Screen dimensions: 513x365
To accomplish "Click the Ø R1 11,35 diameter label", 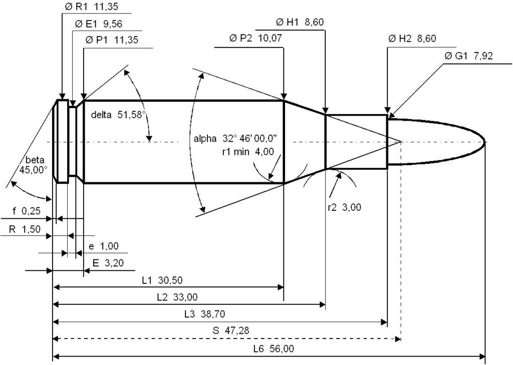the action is (x=91, y=7).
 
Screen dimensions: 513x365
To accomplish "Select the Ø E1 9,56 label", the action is (x=99, y=24).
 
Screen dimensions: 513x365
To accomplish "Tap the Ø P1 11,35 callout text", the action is (x=112, y=40).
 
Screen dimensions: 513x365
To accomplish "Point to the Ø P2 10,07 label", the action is (x=255, y=38).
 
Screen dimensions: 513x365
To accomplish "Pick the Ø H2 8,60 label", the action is (x=412, y=39).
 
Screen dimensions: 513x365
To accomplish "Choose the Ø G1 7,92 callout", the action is (x=468, y=56).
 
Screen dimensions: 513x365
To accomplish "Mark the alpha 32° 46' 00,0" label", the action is (x=235, y=138).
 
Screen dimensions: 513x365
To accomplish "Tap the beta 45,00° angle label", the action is (x=34, y=165).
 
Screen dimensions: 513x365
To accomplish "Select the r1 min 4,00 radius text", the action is (x=247, y=152).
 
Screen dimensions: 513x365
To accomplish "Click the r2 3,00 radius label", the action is (x=344, y=207).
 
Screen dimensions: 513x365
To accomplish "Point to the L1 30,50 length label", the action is (x=162, y=280).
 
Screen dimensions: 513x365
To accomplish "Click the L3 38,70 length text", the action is (x=204, y=314).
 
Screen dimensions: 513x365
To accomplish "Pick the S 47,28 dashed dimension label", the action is (x=230, y=330).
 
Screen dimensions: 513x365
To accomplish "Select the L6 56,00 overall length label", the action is (x=274, y=348).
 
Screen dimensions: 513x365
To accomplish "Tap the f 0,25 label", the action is (x=27, y=211).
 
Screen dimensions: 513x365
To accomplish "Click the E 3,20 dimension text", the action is (x=108, y=263).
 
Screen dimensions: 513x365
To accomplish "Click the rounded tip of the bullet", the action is (x=484, y=142).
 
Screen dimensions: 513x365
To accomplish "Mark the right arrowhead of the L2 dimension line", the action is (x=322, y=305).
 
